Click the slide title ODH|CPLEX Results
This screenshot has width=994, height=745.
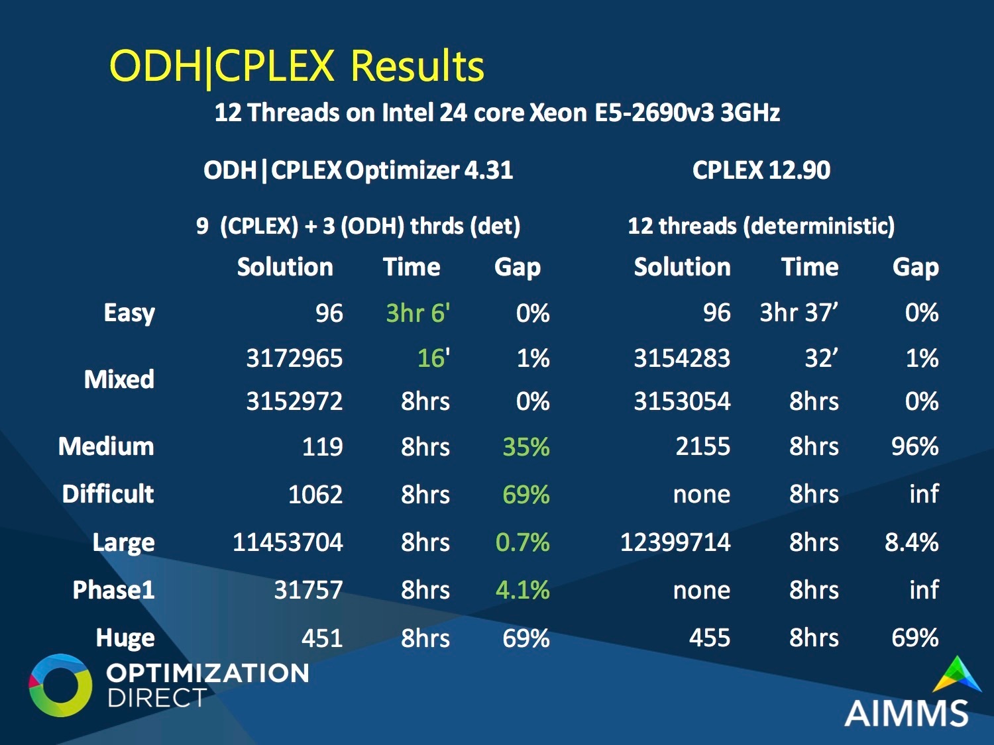click(297, 67)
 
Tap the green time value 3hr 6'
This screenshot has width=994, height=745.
click(418, 313)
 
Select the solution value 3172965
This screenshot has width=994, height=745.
click(294, 358)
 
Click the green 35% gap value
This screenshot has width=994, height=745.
click(526, 447)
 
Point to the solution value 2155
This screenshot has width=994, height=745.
click(703, 446)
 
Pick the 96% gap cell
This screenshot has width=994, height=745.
click(914, 446)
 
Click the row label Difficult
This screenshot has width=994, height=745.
click(108, 493)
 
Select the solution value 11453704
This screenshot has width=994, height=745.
click(288, 542)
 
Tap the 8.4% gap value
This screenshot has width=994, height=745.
click(912, 542)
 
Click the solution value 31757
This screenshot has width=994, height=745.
click(308, 590)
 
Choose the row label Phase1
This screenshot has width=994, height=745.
click(114, 590)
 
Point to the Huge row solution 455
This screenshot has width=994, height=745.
click(710, 638)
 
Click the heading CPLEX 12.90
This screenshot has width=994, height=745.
click(761, 171)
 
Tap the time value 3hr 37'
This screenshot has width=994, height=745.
click(799, 313)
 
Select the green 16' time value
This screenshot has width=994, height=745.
click(434, 358)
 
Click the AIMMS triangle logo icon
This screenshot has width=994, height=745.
click(957, 675)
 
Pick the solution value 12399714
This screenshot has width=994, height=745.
click(675, 542)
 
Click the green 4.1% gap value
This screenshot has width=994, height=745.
click(523, 590)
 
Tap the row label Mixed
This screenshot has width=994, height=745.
click(119, 379)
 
